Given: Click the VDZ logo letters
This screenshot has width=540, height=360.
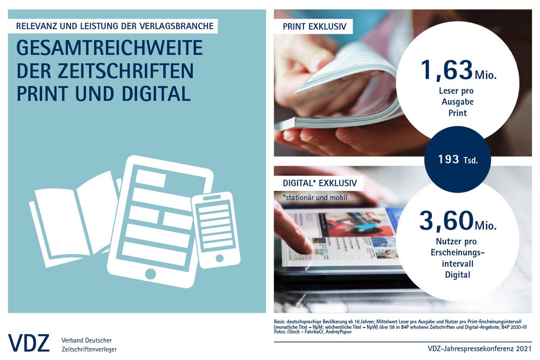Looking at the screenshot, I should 28,344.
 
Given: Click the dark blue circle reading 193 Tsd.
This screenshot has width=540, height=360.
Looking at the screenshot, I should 457,159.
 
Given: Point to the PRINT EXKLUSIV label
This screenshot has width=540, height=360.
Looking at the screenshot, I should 315,27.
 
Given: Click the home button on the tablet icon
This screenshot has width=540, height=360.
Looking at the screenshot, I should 151,274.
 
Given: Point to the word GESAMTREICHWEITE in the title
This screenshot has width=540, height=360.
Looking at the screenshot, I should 109,49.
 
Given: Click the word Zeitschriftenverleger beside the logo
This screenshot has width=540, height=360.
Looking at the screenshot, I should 89,349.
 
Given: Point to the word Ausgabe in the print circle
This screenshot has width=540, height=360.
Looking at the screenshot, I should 456,102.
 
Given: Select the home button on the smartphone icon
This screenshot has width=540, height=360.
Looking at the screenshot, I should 220,258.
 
